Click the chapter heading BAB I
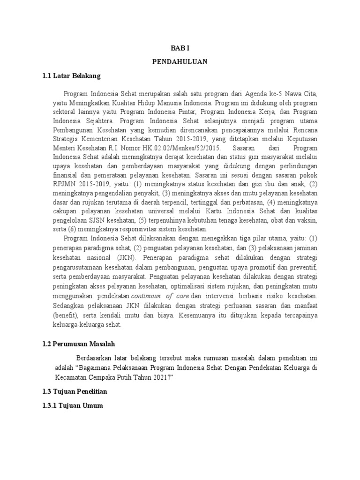click(x=180, y=47)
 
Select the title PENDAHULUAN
click(x=180, y=61)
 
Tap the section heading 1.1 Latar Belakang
click(x=71, y=75)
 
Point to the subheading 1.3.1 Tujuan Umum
click(x=73, y=406)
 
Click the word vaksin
click(x=307, y=220)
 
